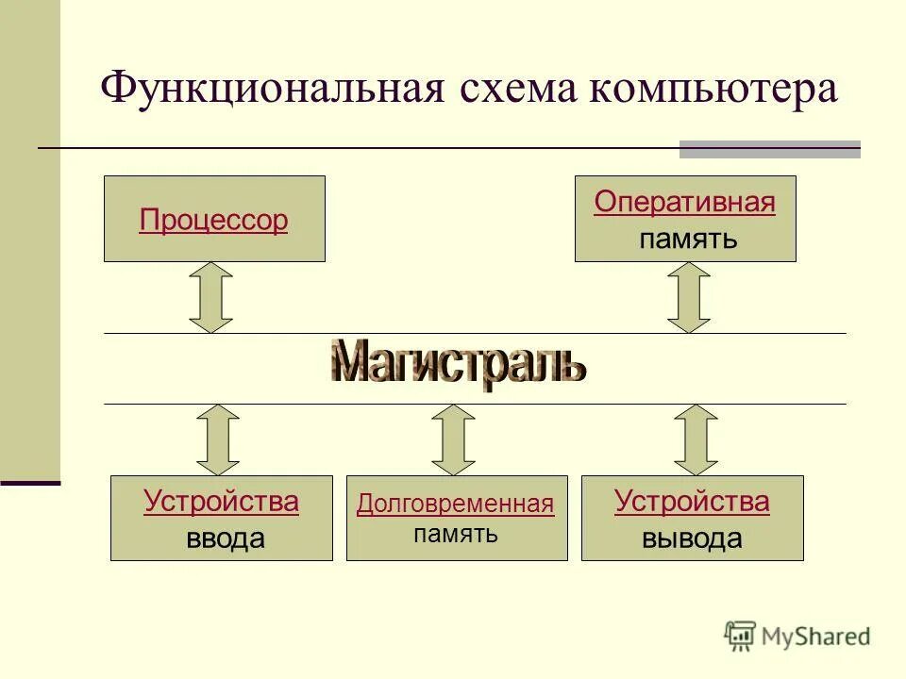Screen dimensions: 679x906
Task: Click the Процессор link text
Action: coord(213,221)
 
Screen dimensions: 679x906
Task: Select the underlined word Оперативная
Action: coord(684,203)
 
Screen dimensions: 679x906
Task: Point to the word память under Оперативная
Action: coord(687,238)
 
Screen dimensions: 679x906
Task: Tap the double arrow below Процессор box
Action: coord(211,297)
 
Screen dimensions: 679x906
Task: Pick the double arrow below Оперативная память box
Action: coord(689,297)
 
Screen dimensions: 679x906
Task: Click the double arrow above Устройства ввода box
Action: coord(218,439)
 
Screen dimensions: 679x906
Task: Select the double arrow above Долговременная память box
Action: coord(454,439)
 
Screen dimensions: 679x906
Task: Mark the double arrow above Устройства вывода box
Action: coord(696,439)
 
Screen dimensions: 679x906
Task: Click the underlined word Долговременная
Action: coord(455,505)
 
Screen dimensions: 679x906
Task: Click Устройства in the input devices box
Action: coord(221,502)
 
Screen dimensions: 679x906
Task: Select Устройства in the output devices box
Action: coord(692,502)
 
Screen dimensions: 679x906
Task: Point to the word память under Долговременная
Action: coord(455,534)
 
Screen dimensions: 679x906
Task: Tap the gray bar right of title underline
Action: coord(770,149)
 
